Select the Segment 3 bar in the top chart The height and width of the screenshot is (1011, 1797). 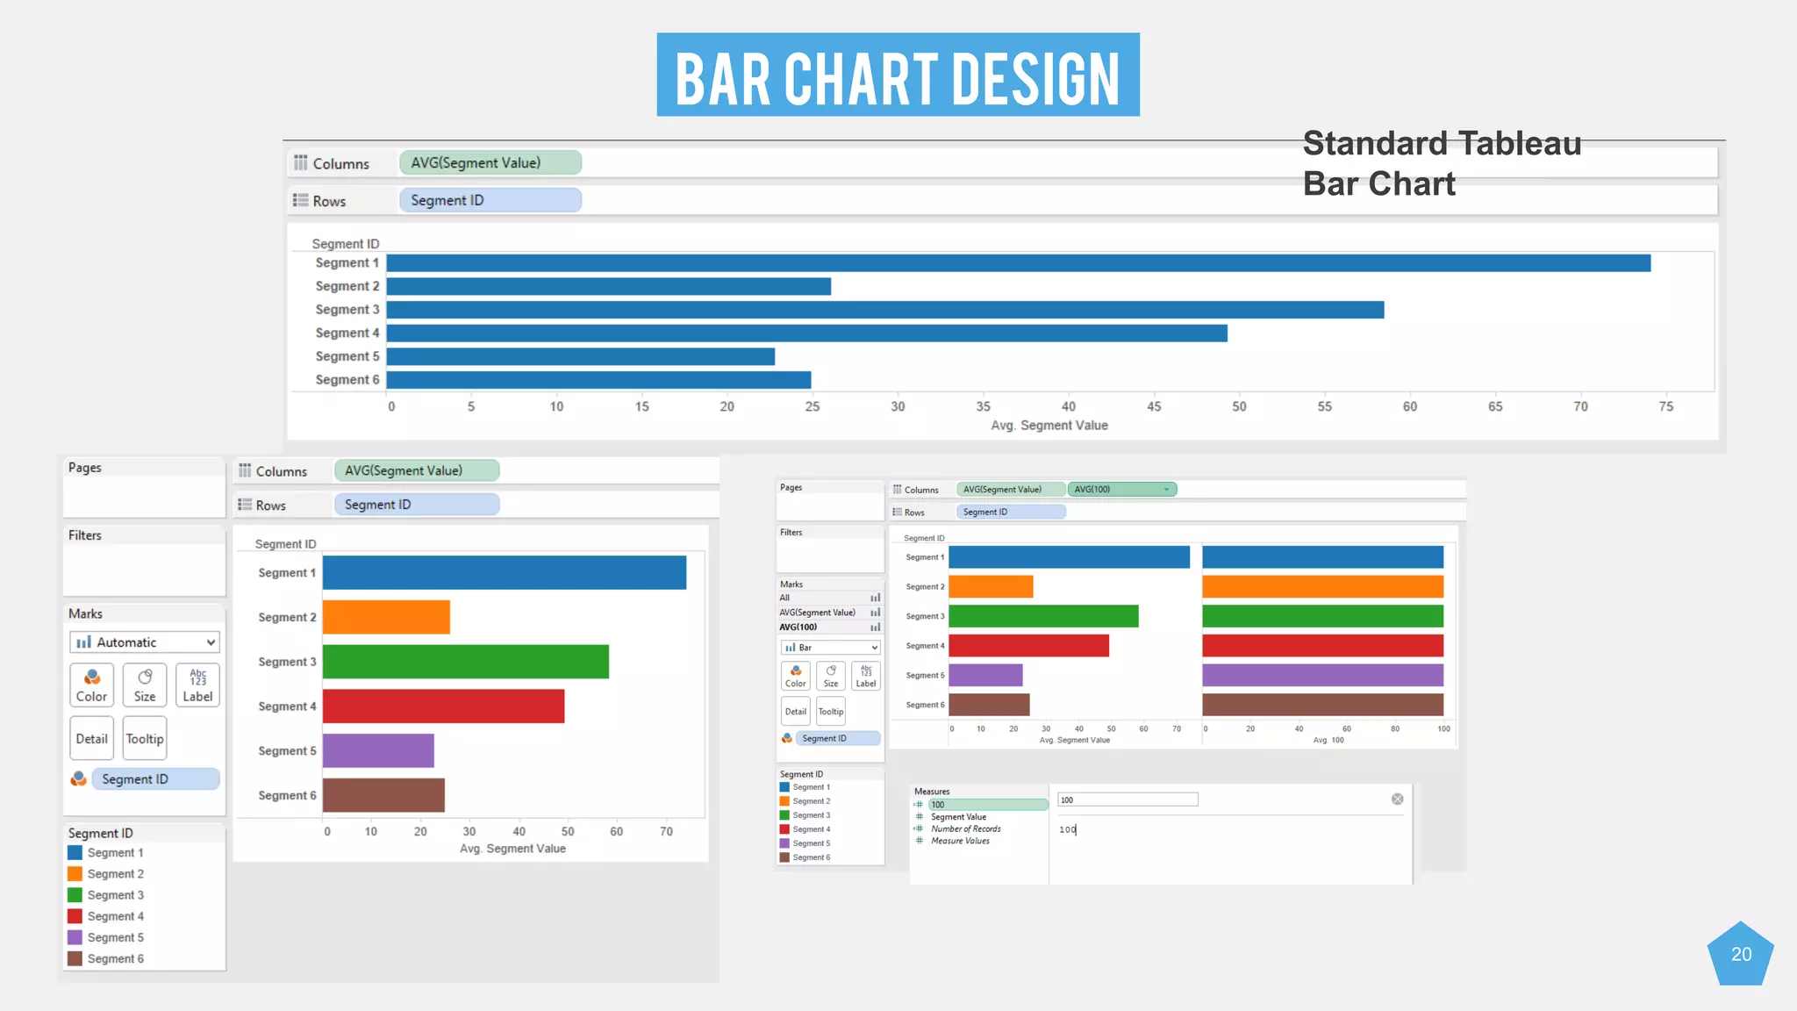click(x=884, y=310)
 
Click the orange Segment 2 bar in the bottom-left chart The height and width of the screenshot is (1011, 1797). click(x=386, y=617)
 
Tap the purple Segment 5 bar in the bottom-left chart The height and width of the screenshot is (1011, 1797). click(x=378, y=750)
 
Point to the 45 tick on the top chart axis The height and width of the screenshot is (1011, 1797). click(x=1154, y=406)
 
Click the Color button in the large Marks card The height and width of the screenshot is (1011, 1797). click(x=91, y=685)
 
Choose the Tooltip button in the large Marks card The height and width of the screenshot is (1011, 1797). click(x=145, y=739)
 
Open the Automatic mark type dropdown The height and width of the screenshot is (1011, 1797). click(x=144, y=642)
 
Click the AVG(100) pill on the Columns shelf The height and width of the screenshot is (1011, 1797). click(x=1120, y=490)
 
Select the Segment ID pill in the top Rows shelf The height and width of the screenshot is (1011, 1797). click(x=490, y=200)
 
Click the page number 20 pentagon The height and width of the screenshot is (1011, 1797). click(x=1741, y=955)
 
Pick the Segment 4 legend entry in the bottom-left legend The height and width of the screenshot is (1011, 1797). click(x=115, y=916)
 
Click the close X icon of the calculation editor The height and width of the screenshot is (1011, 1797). click(x=1398, y=799)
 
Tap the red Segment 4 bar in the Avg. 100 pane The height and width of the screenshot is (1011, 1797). click(x=1322, y=646)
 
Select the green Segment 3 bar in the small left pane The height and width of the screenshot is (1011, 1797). click(x=1043, y=616)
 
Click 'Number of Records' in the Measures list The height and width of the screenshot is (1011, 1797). click(x=965, y=828)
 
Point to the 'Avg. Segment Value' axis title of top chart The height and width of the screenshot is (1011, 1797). click(x=1049, y=426)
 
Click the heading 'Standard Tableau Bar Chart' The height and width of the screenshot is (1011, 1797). click(x=1441, y=163)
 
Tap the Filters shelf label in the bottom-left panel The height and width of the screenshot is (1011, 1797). click(x=85, y=535)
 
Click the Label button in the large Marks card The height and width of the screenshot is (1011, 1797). click(x=197, y=685)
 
